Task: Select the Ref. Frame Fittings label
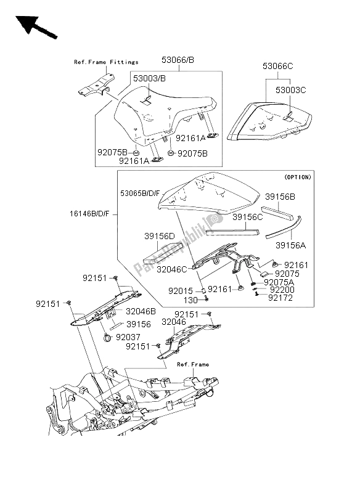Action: (106, 62)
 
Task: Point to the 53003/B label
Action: (149, 79)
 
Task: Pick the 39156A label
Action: (291, 245)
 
